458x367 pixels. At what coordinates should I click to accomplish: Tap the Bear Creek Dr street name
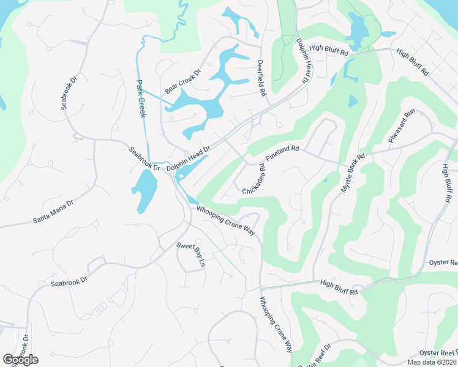(x=182, y=82)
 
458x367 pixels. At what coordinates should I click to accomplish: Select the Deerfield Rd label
(x=262, y=78)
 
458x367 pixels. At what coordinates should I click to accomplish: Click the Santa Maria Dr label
(x=53, y=212)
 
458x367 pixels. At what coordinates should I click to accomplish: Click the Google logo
(x=20, y=360)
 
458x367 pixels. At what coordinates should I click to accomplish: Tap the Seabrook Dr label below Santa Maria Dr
(x=70, y=283)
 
